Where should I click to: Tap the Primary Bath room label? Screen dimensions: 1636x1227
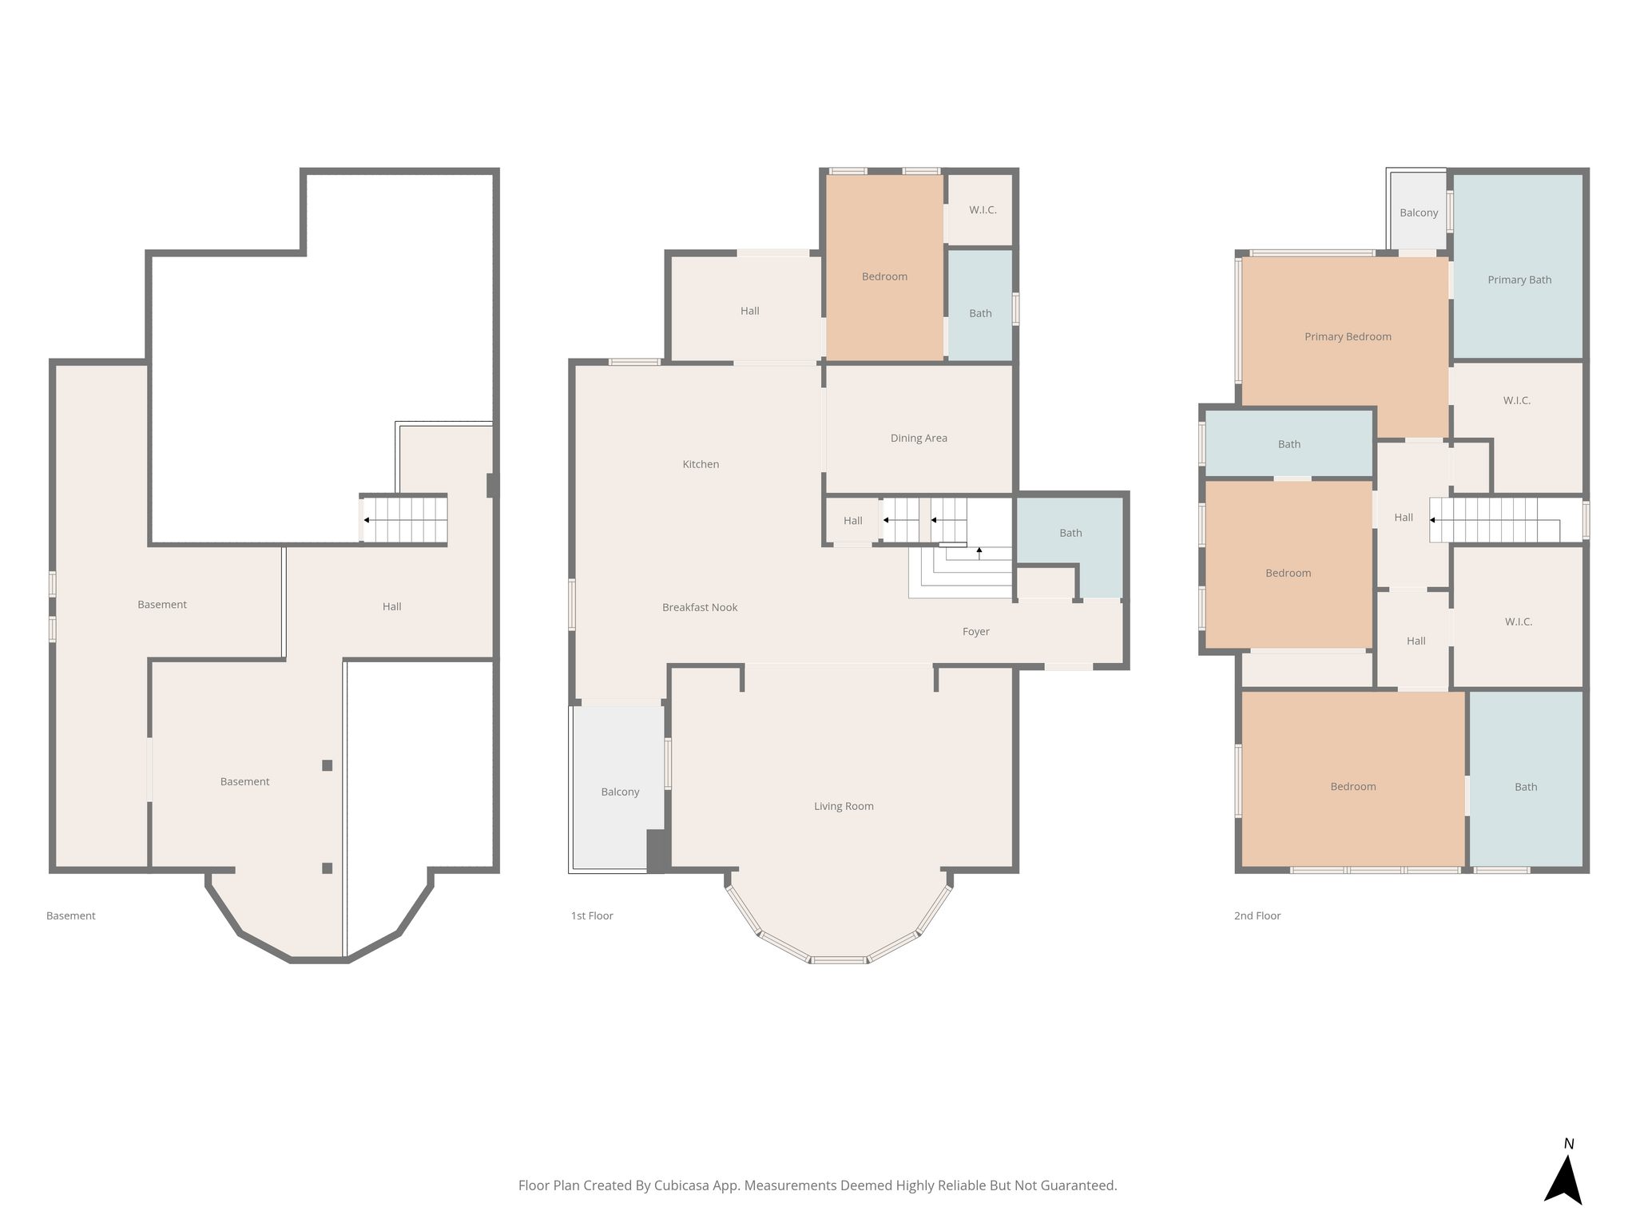1519,280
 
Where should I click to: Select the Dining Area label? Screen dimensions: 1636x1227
919,438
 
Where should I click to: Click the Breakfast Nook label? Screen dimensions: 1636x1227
700,607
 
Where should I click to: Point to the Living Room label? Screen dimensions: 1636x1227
844,806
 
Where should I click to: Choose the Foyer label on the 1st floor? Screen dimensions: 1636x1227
975,632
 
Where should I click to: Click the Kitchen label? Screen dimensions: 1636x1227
701,464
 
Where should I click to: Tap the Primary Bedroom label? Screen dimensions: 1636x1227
1348,336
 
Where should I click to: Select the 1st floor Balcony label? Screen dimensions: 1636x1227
620,792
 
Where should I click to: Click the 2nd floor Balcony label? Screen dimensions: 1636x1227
1419,212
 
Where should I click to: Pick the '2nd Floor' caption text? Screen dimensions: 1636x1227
1257,915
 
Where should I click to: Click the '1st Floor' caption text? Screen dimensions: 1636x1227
592,915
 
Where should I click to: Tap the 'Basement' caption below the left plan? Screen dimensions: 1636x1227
70,915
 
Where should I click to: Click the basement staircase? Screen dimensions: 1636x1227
403,519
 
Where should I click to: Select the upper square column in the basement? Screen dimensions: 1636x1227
327,765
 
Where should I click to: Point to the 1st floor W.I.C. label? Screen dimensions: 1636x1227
983,210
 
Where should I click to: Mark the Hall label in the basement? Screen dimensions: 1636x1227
391,606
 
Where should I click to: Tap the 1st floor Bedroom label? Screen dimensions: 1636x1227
884,276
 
